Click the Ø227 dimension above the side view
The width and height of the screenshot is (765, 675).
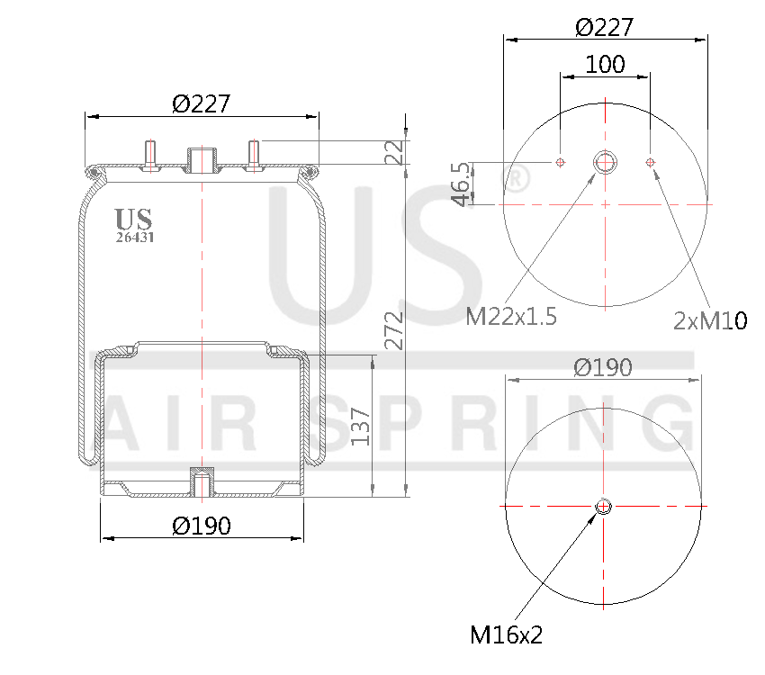click(202, 103)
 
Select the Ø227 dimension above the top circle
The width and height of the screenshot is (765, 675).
click(604, 27)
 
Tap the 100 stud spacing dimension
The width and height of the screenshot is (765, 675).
click(605, 65)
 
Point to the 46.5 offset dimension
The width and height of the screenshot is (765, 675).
click(460, 184)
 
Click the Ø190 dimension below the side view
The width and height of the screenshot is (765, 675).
click(202, 526)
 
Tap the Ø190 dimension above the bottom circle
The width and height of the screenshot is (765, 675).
click(603, 367)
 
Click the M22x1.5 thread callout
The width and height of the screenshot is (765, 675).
click(511, 317)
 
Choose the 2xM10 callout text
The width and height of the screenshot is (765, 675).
click(710, 319)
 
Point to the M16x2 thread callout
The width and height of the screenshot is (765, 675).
click(506, 635)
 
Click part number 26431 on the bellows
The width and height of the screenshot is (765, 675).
click(134, 238)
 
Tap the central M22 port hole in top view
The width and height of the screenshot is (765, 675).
click(605, 162)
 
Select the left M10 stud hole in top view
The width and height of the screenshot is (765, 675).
click(560, 162)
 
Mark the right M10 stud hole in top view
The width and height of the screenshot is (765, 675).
click(650, 162)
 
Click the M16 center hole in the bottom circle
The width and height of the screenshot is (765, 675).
click(603, 507)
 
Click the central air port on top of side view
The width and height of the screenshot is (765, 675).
click(202, 160)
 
